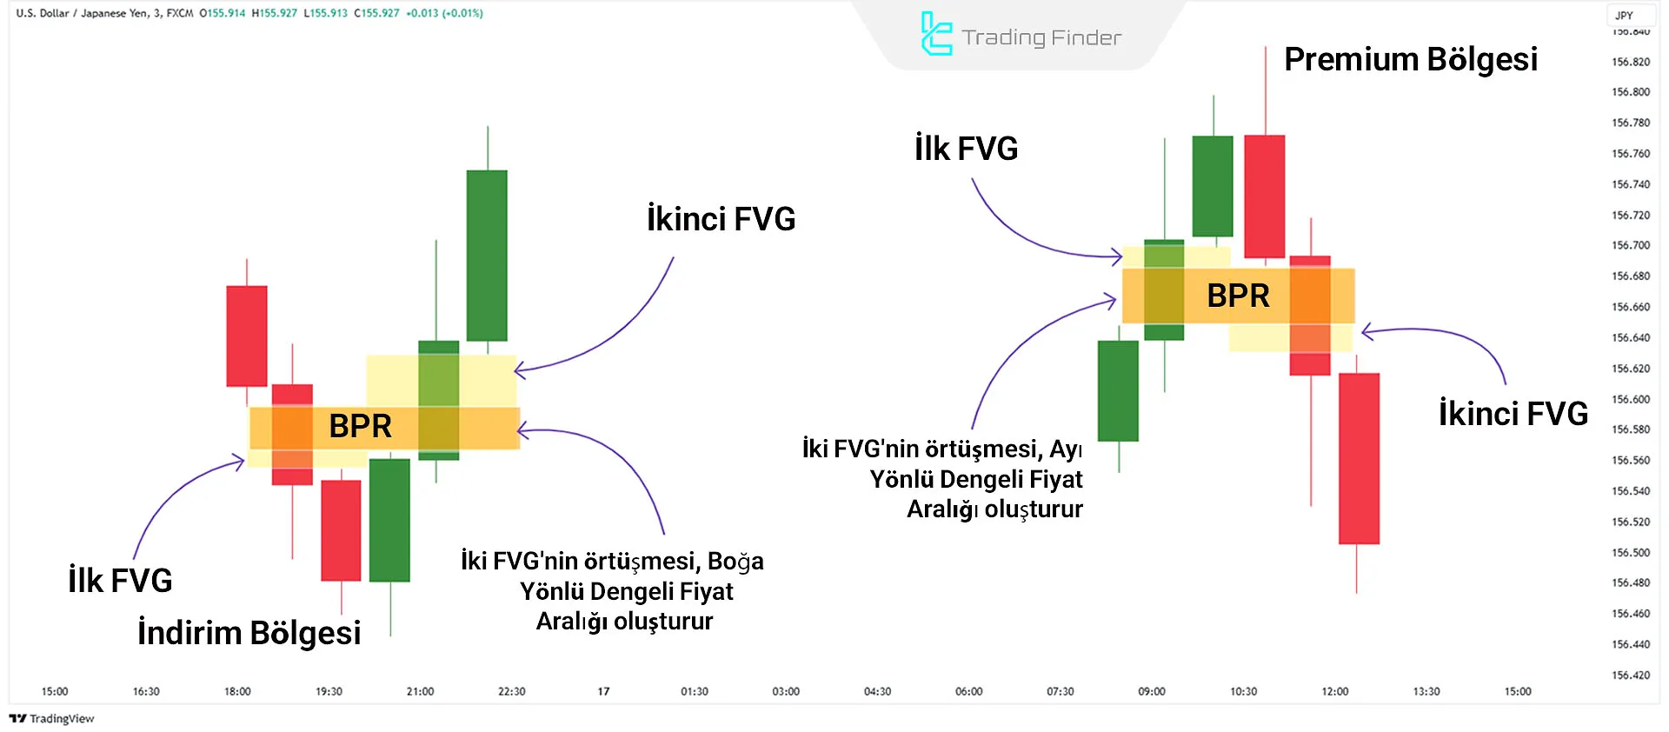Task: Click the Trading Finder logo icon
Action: (935, 35)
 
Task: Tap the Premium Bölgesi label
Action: (1410, 59)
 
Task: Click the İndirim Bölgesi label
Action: (249, 632)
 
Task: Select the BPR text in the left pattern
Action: (360, 426)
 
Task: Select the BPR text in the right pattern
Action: (1238, 296)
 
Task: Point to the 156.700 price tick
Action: (1630, 245)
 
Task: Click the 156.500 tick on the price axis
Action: (1630, 552)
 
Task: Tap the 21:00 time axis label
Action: (420, 691)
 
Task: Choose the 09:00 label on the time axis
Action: (1151, 691)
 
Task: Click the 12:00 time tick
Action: (1334, 691)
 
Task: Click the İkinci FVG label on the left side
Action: (721, 219)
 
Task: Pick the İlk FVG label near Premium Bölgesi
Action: (966, 149)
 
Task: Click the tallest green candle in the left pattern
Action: (487, 255)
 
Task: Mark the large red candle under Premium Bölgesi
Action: (1264, 196)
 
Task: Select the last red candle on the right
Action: (1359, 458)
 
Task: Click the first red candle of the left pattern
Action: (247, 336)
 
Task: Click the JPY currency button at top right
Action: (1624, 15)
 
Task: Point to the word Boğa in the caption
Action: (735, 561)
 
